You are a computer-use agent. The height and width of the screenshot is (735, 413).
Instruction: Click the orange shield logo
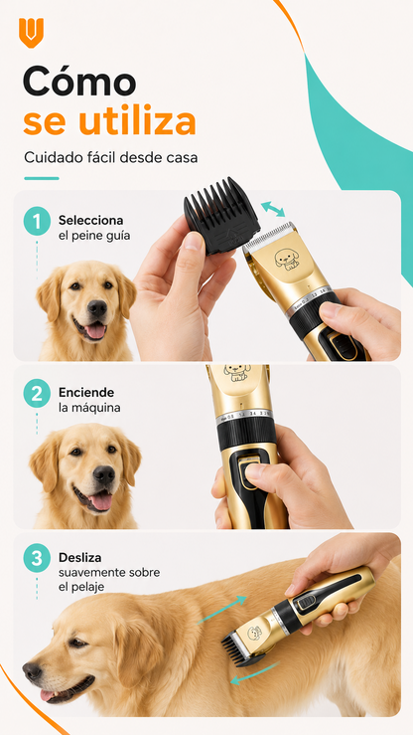[x=31, y=33]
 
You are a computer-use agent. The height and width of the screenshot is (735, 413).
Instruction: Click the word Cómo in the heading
[x=79, y=81]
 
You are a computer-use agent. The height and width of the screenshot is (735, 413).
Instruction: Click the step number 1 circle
[x=37, y=221]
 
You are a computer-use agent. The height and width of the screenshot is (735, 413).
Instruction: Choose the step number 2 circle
[x=37, y=393]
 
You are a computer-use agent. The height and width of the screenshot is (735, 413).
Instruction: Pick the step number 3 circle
[x=37, y=558]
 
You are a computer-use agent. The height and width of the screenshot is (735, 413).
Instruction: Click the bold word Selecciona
[x=90, y=220]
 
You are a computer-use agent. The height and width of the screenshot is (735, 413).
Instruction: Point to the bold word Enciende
[x=86, y=392]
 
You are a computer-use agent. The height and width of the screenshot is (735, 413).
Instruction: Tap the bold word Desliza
[x=80, y=558]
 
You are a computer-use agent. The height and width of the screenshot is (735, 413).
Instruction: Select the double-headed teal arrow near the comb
[x=273, y=209]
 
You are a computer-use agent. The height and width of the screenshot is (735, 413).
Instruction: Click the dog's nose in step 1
[x=97, y=308]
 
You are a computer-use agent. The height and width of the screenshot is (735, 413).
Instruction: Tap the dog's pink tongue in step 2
[x=99, y=502]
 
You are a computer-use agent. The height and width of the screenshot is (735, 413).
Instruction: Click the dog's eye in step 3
[x=75, y=643]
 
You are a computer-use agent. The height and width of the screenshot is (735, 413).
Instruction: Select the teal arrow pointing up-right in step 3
[x=221, y=610]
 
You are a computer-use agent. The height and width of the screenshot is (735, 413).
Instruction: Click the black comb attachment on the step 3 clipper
[x=237, y=648]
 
